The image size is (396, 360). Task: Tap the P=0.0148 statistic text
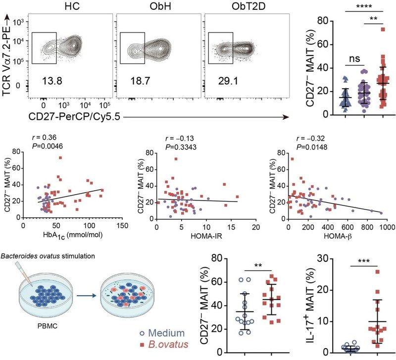pos(310,147)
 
